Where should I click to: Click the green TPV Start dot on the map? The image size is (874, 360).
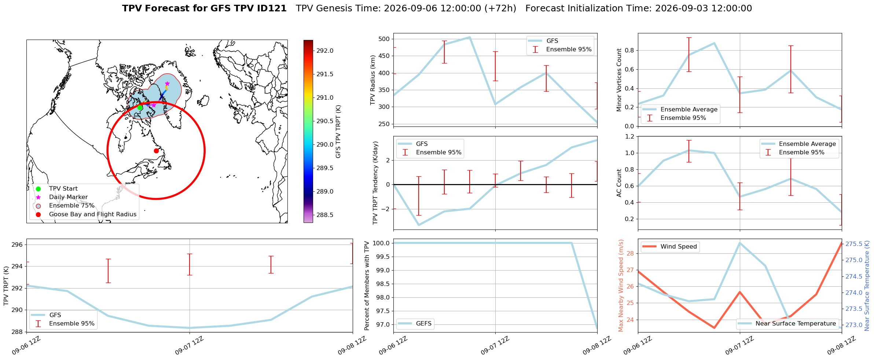(140, 107)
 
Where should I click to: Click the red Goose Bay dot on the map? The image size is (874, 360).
(156, 151)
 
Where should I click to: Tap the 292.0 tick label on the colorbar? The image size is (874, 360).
(325, 51)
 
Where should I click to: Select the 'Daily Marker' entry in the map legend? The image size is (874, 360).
(68, 197)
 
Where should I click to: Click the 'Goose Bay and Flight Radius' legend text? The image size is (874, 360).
(93, 214)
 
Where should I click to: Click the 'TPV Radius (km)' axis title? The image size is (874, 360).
(373, 80)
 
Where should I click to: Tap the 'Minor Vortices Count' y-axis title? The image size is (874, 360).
(619, 80)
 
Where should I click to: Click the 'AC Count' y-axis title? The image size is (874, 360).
(619, 183)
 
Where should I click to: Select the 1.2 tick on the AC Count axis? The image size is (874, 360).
(629, 137)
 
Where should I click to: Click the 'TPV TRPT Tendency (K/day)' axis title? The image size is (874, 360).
(375, 183)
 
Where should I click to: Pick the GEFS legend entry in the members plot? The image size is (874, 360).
(415, 324)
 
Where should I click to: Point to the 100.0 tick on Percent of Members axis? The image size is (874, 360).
(381, 243)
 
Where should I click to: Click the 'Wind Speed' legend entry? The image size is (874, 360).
(670, 247)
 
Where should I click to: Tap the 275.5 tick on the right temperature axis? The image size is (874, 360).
(854, 244)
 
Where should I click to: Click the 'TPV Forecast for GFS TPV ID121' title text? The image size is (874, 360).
(204, 8)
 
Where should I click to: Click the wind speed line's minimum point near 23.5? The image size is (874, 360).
(714, 328)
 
